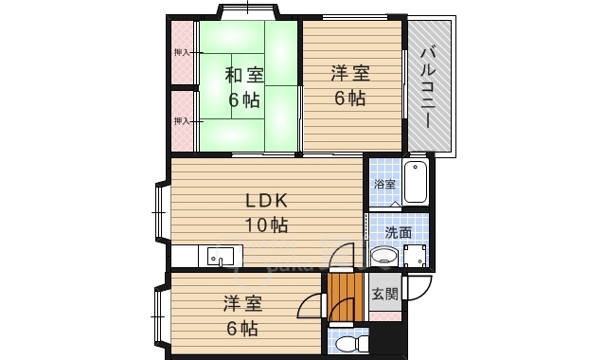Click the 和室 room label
[244, 75]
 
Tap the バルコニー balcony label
[428, 87]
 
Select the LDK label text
[267, 200]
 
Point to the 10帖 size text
[267, 225]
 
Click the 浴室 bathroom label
[385, 184]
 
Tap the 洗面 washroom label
[398, 233]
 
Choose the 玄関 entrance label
[385, 294]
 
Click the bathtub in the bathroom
[415, 183]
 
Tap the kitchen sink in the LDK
[221, 256]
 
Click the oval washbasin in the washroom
[384, 256]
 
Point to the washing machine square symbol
[416, 255]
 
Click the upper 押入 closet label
[182, 52]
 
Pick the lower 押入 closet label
[182, 121]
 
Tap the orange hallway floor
[346, 297]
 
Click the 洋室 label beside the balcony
[350, 74]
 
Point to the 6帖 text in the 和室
[243, 100]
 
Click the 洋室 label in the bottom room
[242, 304]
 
